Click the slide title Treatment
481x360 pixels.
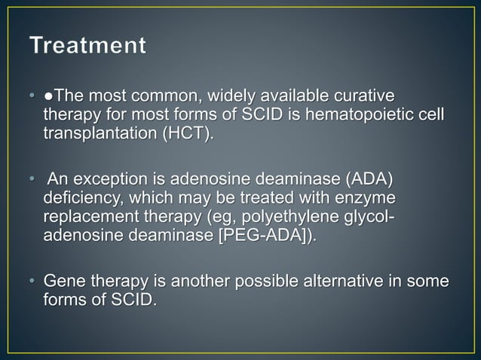click(88, 46)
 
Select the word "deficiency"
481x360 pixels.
click(79, 200)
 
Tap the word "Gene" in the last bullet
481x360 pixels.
click(63, 284)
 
